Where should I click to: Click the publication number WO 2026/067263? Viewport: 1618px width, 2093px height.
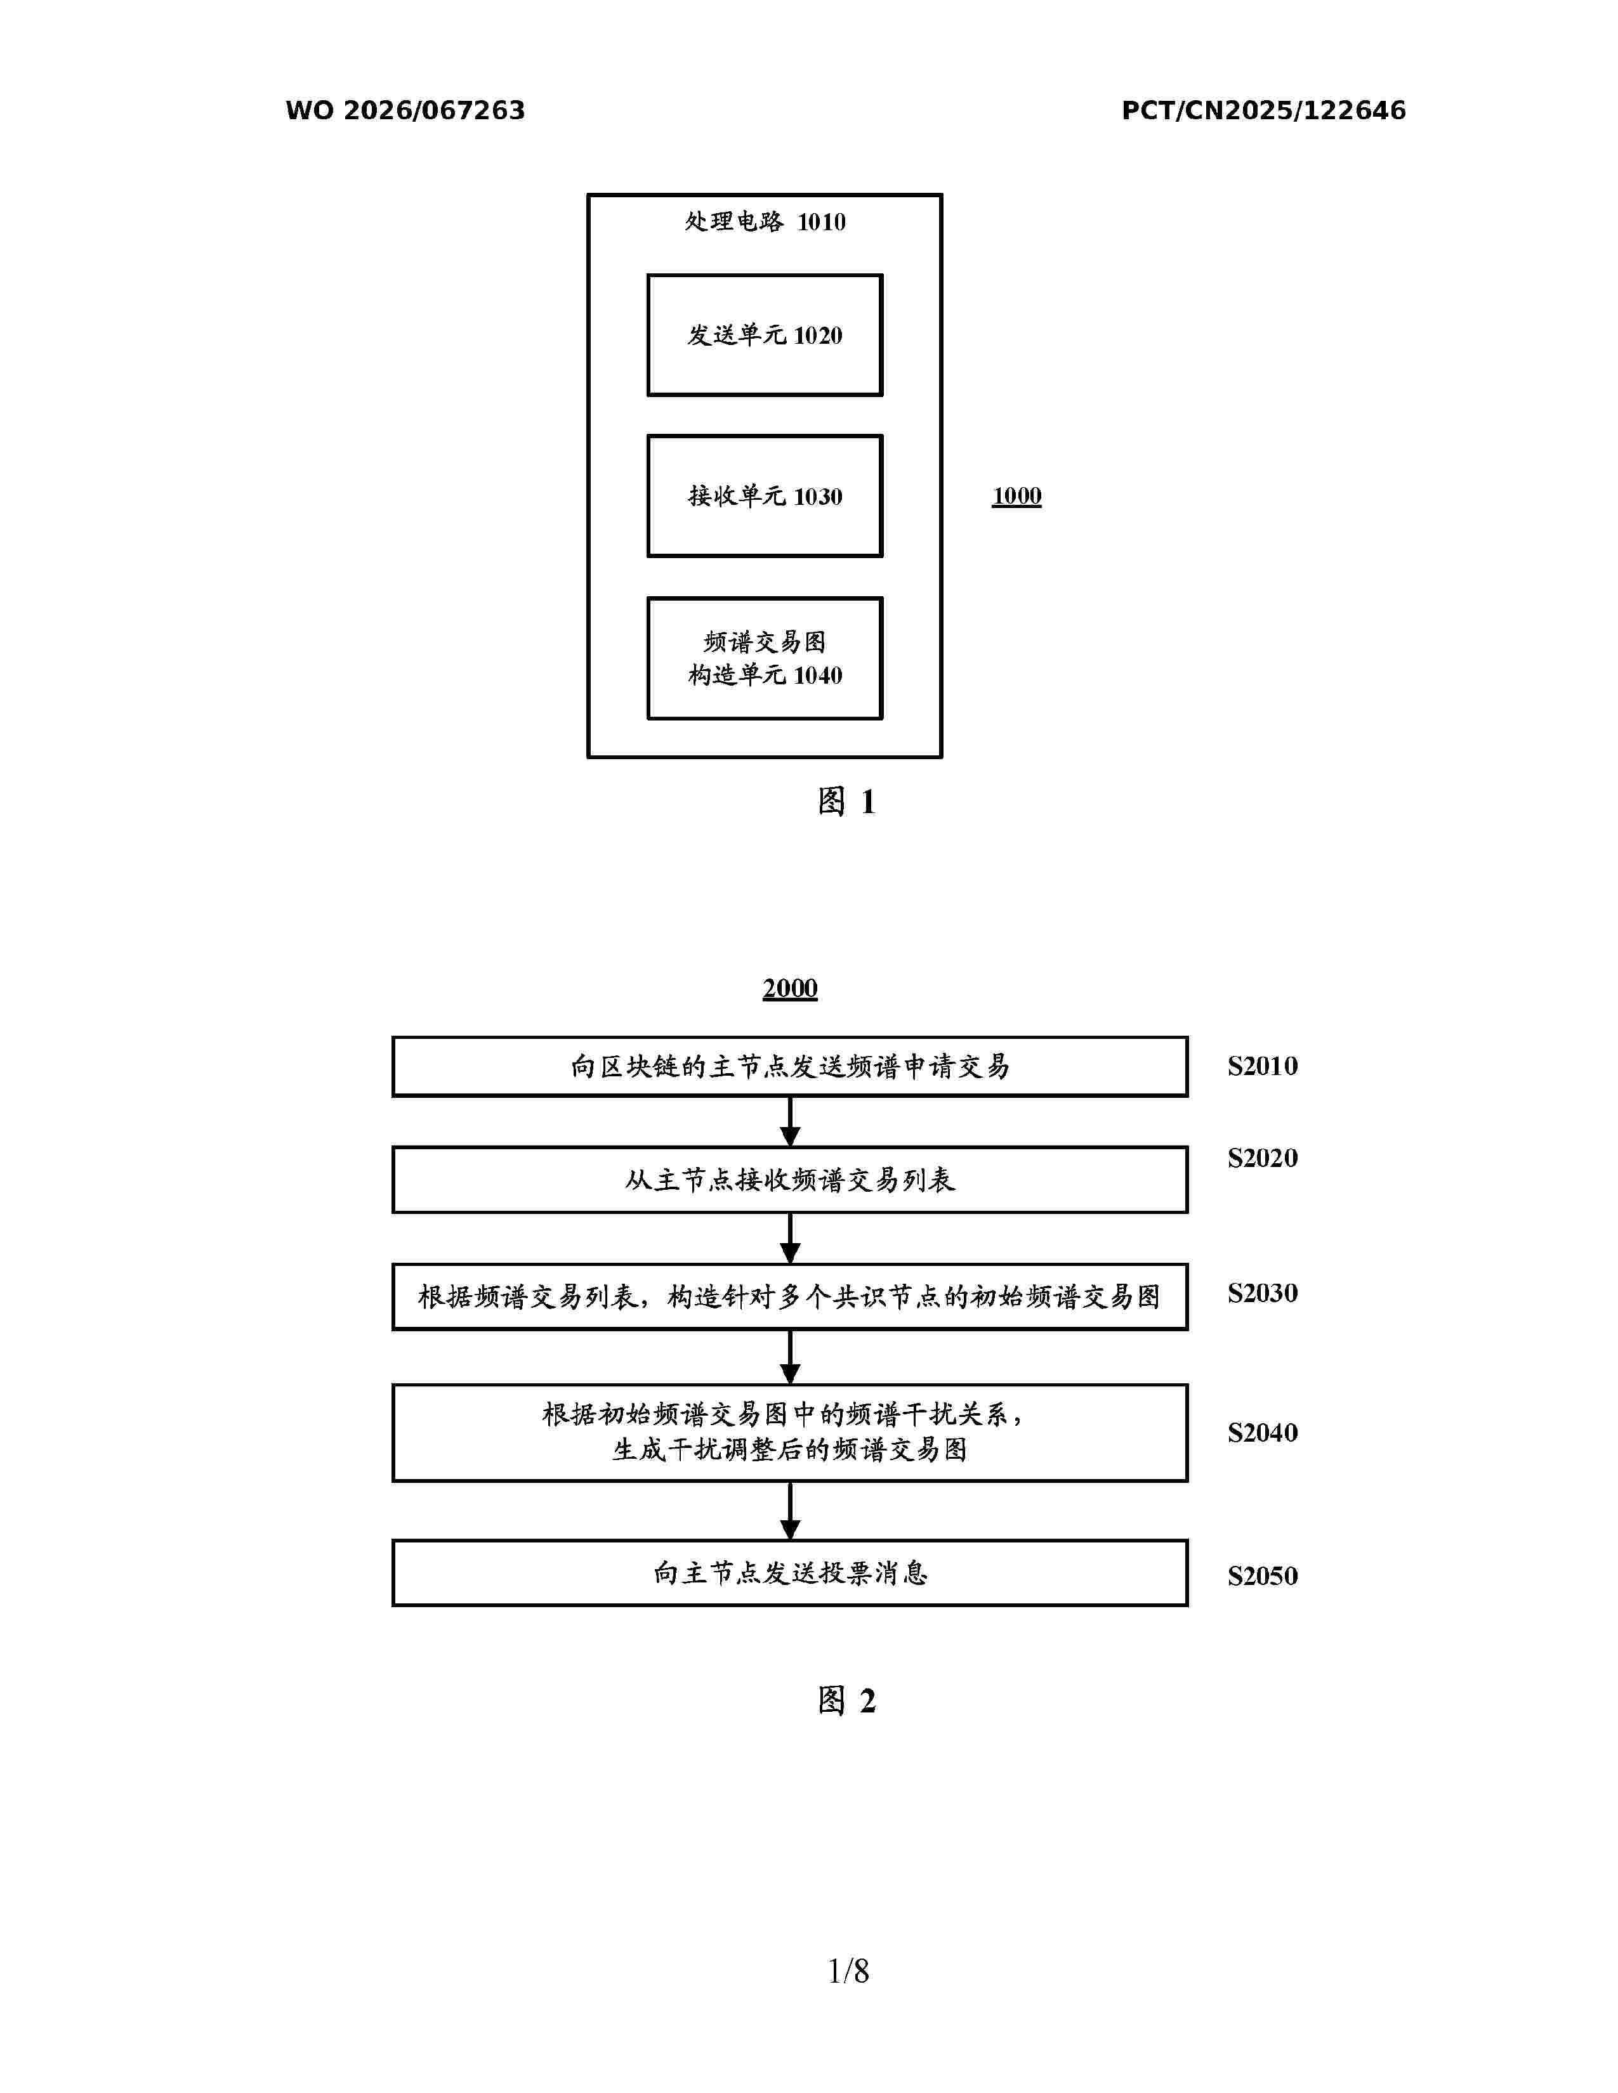tap(405, 110)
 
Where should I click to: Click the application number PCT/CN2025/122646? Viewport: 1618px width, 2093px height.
tap(1263, 110)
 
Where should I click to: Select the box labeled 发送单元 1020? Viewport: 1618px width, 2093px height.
tap(765, 336)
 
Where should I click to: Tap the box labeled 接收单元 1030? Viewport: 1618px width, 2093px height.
tap(765, 497)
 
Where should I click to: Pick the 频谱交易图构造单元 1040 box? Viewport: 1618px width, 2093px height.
tap(765, 658)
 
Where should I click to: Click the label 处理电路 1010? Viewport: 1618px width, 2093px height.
tap(765, 223)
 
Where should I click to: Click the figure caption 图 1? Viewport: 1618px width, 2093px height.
tap(846, 801)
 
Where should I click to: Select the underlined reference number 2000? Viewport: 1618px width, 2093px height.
tap(790, 988)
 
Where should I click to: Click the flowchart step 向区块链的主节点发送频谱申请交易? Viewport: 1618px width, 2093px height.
tap(790, 1067)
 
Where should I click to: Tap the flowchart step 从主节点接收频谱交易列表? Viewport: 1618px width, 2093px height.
tap(790, 1180)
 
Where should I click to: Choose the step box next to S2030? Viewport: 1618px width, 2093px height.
tap(790, 1296)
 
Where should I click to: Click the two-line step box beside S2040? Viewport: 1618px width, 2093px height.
tap(790, 1433)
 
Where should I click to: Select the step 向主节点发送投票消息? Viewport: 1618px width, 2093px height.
tap(790, 1573)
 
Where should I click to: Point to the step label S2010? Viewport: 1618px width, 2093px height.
tap(1263, 1066)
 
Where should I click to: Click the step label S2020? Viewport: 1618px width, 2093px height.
tap(1263, 1157)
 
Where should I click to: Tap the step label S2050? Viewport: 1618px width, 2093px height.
tap(1263, 1575)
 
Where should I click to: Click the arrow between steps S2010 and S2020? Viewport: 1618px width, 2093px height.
tap(790, 1121)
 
